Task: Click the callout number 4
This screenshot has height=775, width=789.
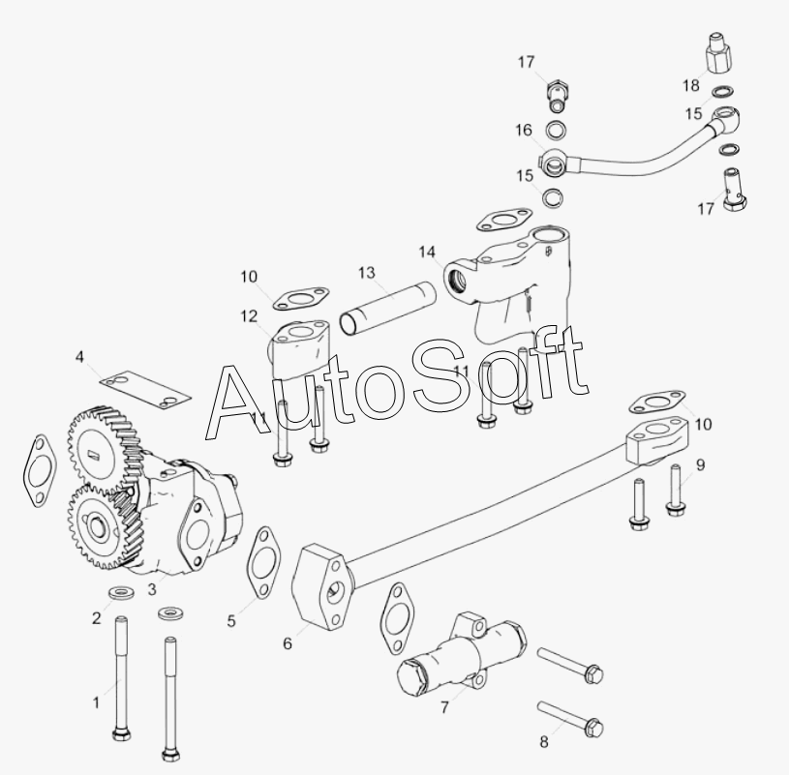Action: [79, 357]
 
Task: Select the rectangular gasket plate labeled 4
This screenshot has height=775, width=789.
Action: [145, 388]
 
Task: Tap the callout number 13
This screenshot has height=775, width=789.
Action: [367, 273]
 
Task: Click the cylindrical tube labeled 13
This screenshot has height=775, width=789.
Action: [387, 308]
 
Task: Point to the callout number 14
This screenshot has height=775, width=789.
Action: [427, 252]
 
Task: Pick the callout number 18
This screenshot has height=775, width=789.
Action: [691, 85]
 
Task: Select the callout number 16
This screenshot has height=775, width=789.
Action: [524, 131]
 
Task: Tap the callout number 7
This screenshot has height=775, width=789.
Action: [444, 707]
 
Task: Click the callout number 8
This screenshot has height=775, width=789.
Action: [544, 742]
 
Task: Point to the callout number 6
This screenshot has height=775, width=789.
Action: [288, 643]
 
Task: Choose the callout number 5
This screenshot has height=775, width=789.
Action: [231, 621]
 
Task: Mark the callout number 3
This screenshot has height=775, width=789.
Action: [152, 589]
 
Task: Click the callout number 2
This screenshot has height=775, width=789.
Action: [96, 618]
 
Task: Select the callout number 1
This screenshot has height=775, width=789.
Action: [96, 702]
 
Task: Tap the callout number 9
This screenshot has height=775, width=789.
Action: [701, 465]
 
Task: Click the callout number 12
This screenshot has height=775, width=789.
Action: [249, 316]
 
